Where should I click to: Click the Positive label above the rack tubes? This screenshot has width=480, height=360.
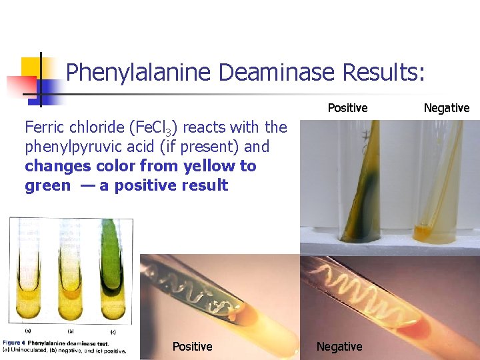(347, 108)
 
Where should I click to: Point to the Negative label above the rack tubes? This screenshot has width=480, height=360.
(447, 108)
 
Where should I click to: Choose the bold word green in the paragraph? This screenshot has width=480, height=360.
(47, 185)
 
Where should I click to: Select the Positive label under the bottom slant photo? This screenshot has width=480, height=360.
(192, 346)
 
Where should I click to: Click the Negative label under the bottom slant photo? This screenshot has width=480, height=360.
(339, 346)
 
